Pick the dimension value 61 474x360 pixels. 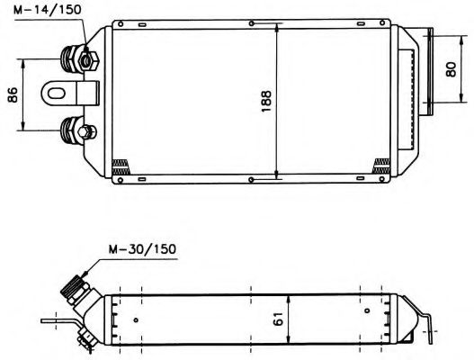point(280,318)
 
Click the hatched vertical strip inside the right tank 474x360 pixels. point(413,99)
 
